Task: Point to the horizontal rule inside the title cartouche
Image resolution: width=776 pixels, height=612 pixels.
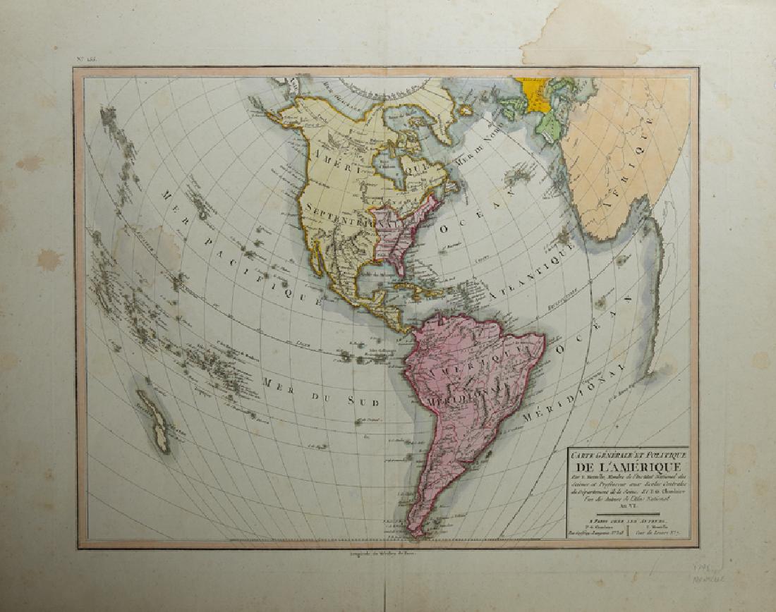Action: (x=621, y=514)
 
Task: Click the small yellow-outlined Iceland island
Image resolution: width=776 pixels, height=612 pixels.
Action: (x=465, y=110)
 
